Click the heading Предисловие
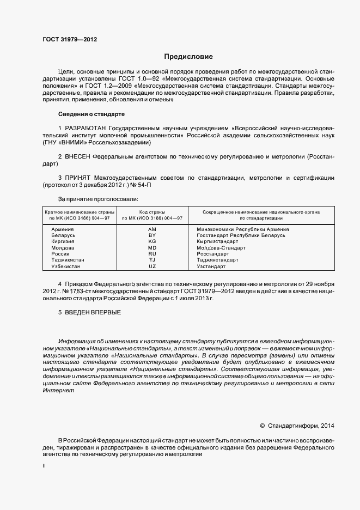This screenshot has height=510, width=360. [x=189, y=57]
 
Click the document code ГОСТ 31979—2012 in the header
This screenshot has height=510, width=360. [x=70, y=40]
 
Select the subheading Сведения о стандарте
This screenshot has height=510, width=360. [x=91, y=114]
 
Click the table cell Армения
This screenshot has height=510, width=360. [x=62, y=229]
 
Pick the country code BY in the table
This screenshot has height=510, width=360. [x=152, y=235]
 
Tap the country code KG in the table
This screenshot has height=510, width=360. [x=152, y=241]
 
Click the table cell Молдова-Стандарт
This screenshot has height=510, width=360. [x=221, y=248]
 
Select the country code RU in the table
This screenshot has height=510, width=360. [x=152, y=254]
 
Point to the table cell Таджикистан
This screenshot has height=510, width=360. [x=68, y=260]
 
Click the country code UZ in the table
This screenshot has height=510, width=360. [x=152, y=266]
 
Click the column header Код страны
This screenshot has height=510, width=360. [x=152, y=211]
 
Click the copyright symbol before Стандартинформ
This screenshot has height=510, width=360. [x=262, y=426]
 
